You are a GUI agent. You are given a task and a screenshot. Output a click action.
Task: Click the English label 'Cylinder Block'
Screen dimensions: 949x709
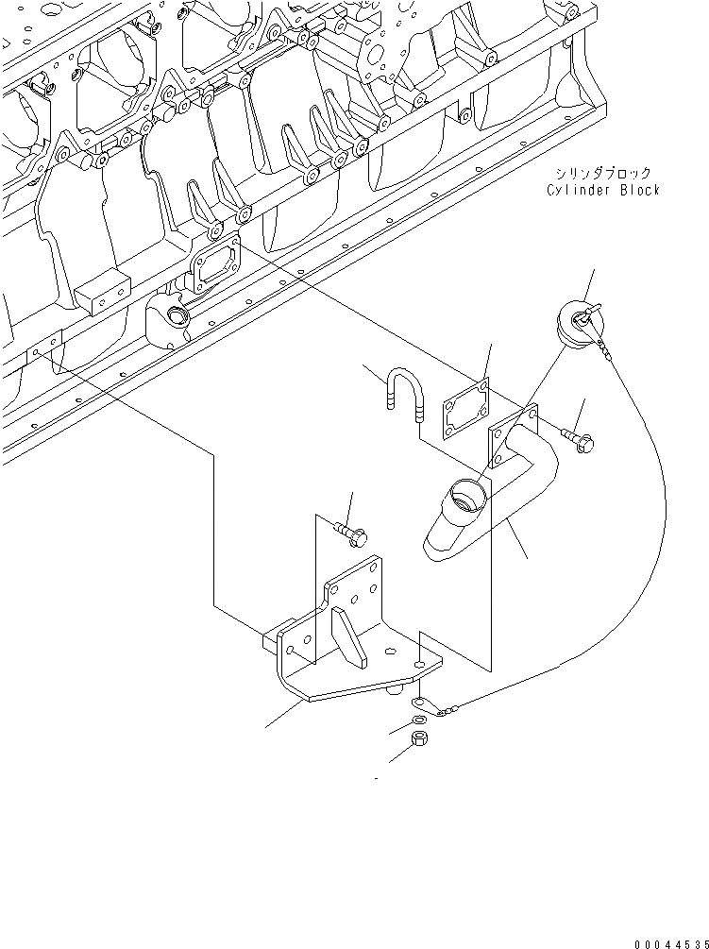[x=603, y=190]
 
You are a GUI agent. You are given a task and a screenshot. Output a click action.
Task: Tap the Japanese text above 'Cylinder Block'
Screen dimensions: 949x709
[x=603, y=174]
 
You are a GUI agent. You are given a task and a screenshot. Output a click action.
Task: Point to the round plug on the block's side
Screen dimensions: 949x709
[x=175, y=314]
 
